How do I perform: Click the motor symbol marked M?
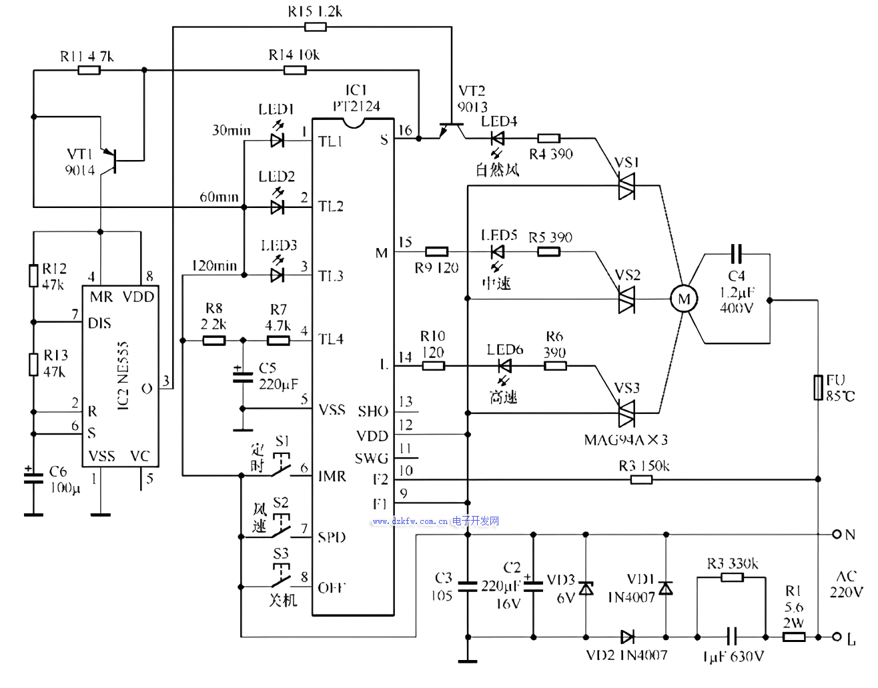[684, 299]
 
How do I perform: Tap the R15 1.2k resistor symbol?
[315, 27]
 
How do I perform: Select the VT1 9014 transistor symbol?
[111, 160]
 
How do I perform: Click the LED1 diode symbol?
[278, 140]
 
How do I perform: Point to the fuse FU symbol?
[818, 387]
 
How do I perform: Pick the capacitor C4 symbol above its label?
[736, 253]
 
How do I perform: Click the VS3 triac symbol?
[626, 414]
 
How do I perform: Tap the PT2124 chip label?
[356, 106]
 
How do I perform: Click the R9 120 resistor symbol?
[436, 251]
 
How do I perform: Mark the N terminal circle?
[837, 534]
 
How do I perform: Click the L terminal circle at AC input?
[837, 637]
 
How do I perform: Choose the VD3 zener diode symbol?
[586, 588]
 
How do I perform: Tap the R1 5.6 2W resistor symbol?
[793, 637]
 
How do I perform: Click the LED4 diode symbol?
[497, 139]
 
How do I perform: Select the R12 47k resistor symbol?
[33, 276]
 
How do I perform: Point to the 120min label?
[214, 265]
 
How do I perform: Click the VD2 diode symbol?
[627, 637]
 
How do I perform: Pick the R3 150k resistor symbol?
[641, 479]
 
